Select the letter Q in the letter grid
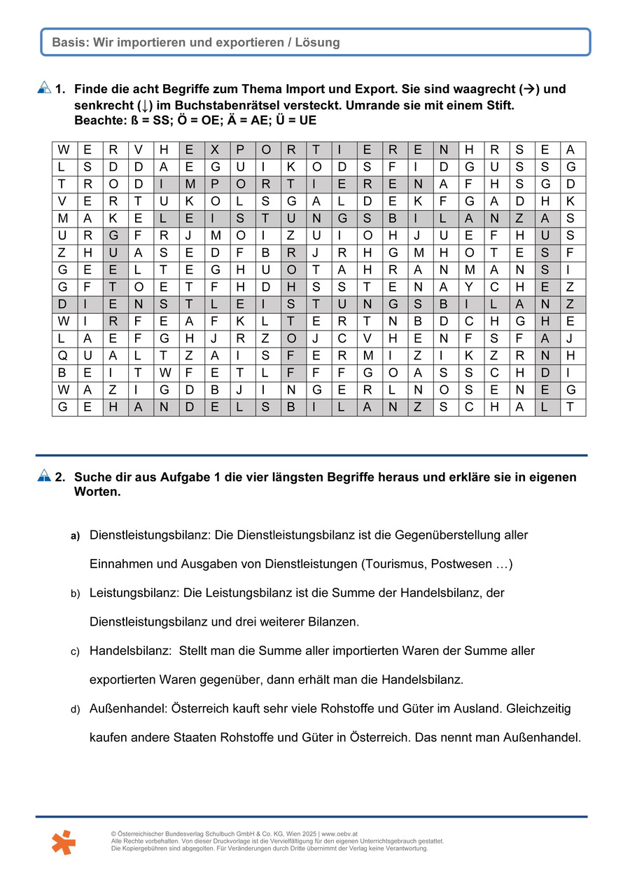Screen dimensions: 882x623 [63, 355]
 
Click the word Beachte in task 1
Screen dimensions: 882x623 [98, 120]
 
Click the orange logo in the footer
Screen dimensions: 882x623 [63, 841]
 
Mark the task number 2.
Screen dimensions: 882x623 [60, 477]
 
